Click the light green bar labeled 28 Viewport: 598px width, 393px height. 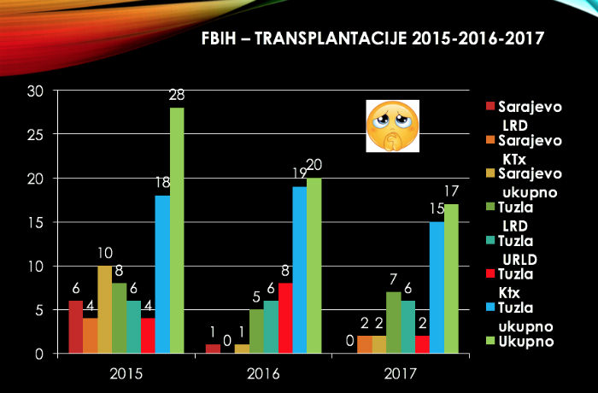tap(177, 231)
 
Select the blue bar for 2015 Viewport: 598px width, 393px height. tap(161, 274)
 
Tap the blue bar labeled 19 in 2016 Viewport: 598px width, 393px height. tap(299, 270)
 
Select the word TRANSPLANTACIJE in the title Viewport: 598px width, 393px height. tap(327, 38)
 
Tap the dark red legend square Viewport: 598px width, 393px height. tap(490, 107)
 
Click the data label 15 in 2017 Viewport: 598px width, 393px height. tap(437, 210)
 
